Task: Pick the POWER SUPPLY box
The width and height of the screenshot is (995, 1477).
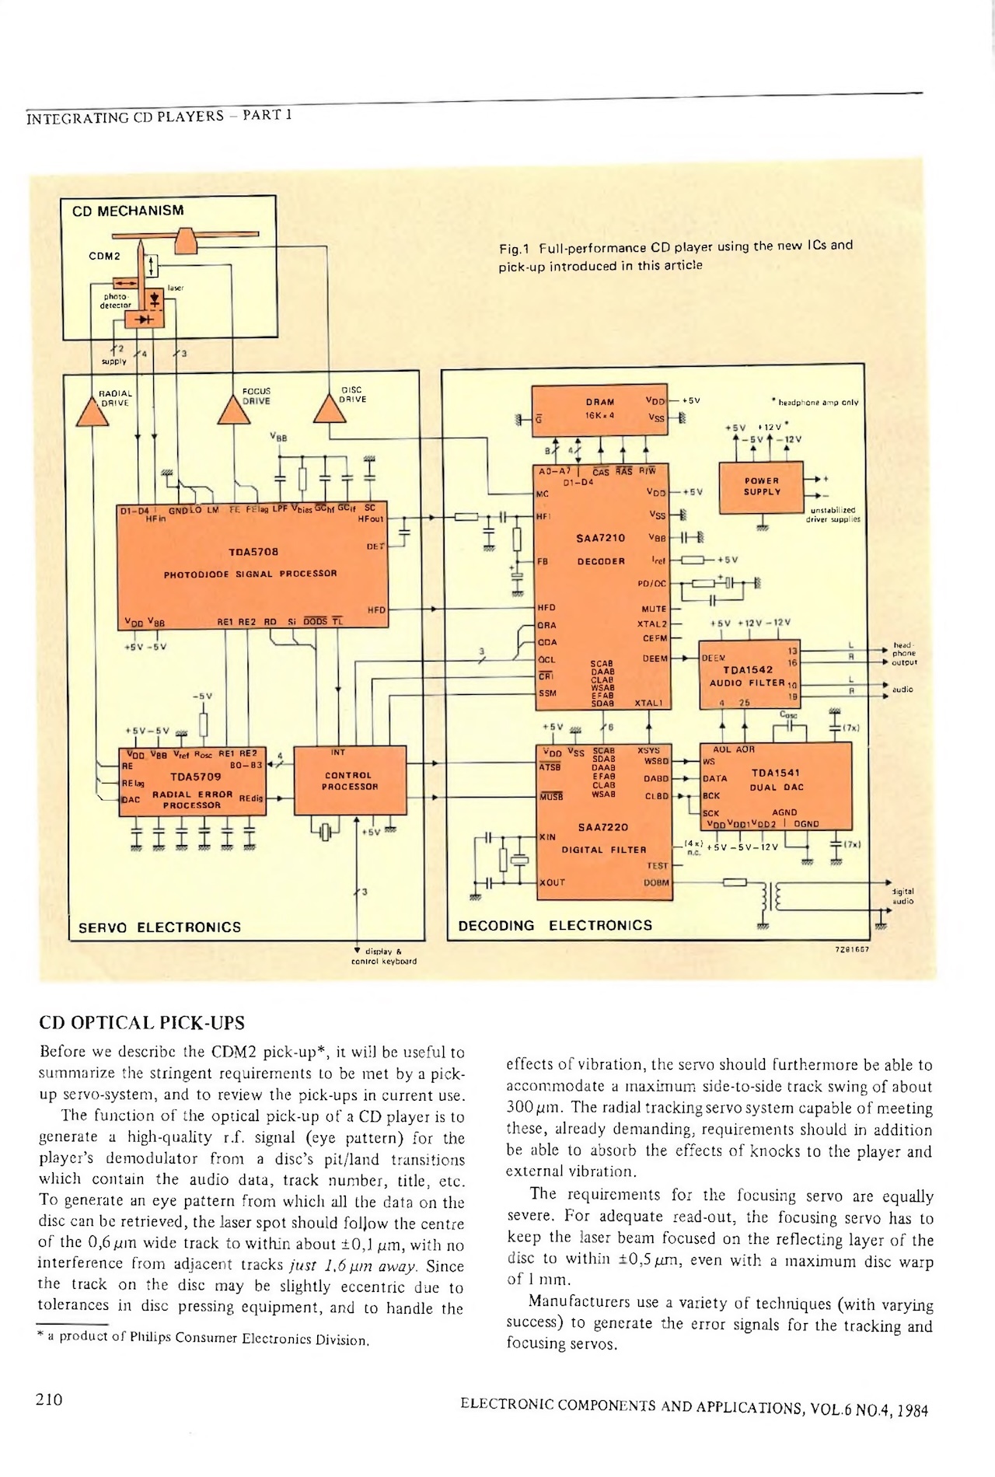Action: (761, 487)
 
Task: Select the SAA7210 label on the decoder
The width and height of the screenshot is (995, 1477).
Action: (600, 538)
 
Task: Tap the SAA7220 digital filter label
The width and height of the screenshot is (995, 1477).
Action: (602, 827)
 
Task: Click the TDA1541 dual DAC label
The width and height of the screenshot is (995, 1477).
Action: (775, 773)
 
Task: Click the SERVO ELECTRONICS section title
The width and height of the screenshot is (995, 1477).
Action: (160, 927)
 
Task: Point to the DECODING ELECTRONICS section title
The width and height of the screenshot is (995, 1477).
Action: (555, 926)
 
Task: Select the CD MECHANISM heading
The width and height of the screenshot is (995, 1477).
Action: (128, 211)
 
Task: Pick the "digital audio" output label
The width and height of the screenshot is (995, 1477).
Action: (903, 896)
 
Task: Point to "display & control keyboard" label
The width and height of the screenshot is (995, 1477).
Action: (383, 956)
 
